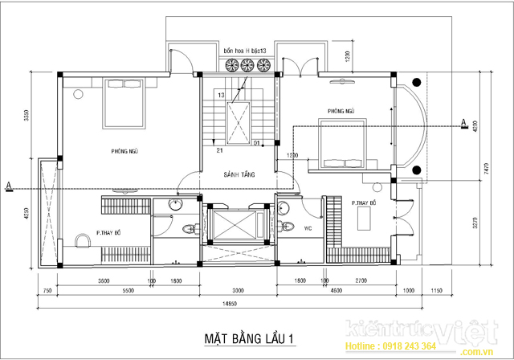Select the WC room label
pyautogui.click(x=307, y=227)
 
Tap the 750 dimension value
pyautogui.click(x=47, y=292)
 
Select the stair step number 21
pyautogui.click(x=218, y=149)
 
